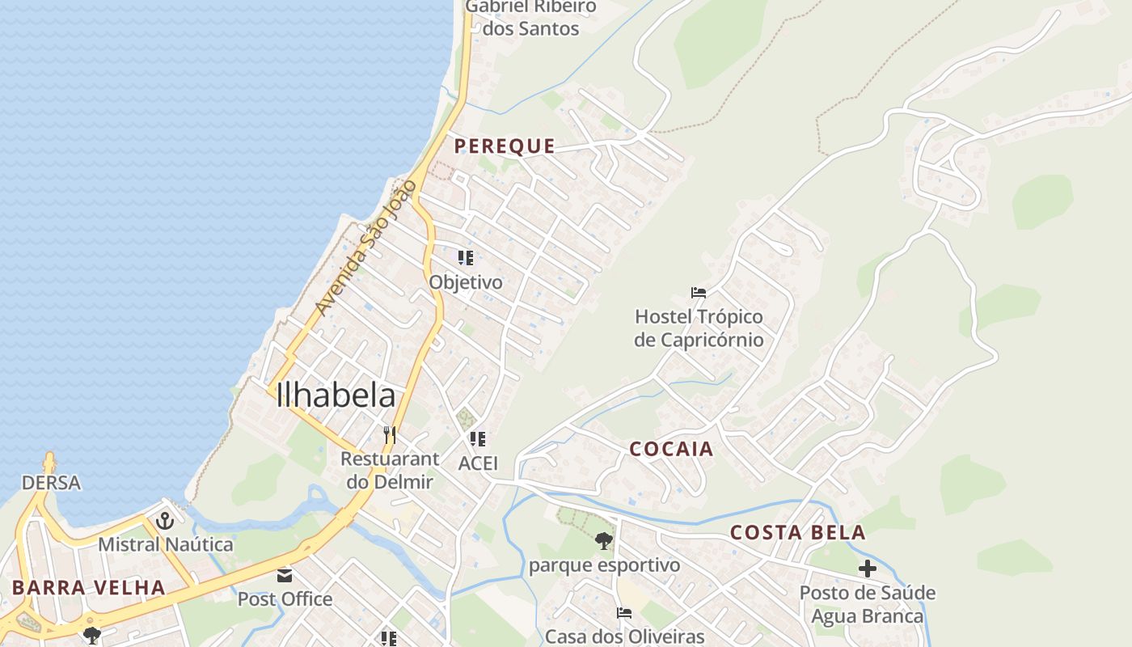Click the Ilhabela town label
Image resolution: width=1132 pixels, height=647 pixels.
point(336,395)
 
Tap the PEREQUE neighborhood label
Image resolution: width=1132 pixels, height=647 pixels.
point(505,146)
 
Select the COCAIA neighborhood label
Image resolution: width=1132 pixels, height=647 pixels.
point(671,449)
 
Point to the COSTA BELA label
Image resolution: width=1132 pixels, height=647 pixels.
point(797,532)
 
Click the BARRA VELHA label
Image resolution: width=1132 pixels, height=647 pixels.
point(89,587)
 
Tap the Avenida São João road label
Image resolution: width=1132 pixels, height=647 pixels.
point(365,248)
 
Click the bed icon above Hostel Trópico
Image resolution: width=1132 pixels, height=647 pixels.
point(699,292)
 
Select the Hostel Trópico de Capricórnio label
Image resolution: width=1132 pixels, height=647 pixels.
point(699,328)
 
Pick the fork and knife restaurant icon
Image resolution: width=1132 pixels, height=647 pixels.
point(390,435)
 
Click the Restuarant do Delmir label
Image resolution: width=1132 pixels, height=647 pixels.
point(390,470)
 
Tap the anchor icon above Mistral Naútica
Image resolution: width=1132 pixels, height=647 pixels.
point(166,521)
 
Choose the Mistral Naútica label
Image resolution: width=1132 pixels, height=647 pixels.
point(166,544)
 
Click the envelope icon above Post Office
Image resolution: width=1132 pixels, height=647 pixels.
point(285,576)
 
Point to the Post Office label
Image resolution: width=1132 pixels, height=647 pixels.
point(285,599)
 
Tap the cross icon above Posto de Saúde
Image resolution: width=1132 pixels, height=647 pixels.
point(868,569)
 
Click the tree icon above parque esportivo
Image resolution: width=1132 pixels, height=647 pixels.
point(604,541)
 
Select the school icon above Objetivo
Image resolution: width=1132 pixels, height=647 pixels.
point(465,258)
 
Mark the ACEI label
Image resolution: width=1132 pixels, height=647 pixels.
point(478,463)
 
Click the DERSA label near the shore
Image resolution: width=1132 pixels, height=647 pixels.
point(51,483)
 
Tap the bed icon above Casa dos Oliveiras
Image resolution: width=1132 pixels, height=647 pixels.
point(624,613)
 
